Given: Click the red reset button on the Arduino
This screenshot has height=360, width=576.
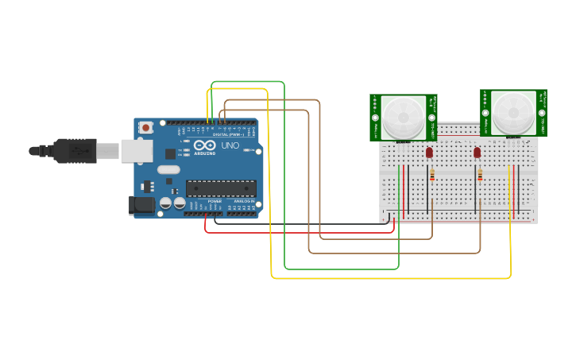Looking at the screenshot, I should (x=146, y=127).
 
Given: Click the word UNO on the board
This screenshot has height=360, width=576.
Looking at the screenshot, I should (x=230, y=145).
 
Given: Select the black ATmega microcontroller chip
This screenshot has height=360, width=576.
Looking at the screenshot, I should (x=221, y=188).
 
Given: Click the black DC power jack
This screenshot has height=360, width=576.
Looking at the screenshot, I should (x=141, y=205).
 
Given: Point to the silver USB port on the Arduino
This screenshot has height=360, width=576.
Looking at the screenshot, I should (x=132, y=150).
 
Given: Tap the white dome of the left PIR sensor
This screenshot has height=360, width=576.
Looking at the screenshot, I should (x=403, y=116).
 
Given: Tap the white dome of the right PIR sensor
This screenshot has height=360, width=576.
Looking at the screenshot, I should (x=512, y=112).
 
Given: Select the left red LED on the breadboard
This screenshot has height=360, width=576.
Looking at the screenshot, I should (x=429, y=152).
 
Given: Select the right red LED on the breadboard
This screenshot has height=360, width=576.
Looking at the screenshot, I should (x=477, y=152).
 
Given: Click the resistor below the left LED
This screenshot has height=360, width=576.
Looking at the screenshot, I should (x=431, y=174).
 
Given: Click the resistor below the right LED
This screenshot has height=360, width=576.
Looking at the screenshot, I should (x=480, y=174).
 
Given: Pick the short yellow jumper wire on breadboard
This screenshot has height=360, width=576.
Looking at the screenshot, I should (x=508, y=191).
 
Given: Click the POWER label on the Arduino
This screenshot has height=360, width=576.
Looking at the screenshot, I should (x=215, y=202).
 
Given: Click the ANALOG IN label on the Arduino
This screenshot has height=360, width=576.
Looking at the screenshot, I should (x=243, y=202).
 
